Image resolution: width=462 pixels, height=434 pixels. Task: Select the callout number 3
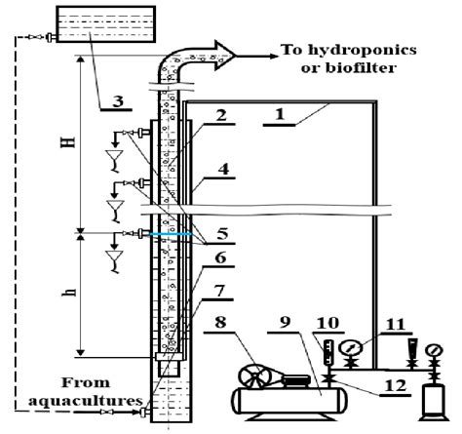point(116,100)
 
